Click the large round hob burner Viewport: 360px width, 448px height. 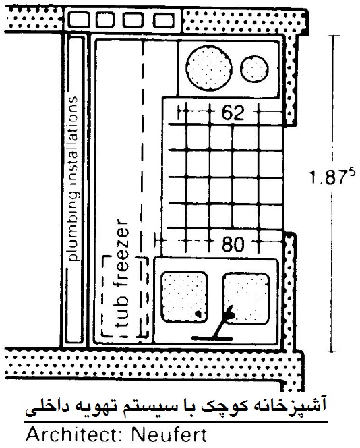coord(209,68)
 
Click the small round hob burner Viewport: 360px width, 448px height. coord(254,69)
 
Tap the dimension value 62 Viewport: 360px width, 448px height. coord(233,113)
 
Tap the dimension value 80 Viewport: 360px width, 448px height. coord(233,244)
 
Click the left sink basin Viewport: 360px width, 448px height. coord(184,297)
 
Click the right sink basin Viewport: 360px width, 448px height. coord(246,299)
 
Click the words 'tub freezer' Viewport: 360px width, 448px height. coord(121,273)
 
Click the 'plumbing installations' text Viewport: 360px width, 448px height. coord(73,179)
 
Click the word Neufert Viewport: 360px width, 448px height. coord(169,435)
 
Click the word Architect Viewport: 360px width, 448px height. coord(75,435)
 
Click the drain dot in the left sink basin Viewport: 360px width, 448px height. coord(198,314)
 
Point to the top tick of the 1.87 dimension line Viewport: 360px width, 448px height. coord(332,36)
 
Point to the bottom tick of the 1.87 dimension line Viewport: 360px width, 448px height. coord(332,352)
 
